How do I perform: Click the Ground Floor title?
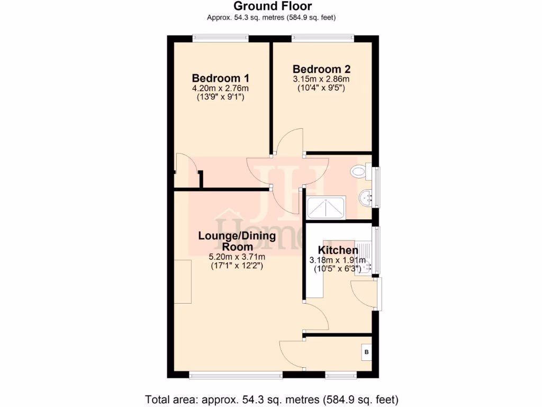[273, 6]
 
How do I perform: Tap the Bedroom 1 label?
[220, 77]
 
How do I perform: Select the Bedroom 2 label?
[321, 69]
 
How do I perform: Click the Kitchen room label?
[338, 250]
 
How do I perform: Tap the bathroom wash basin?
[365, 198]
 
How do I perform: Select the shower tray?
[326, 207]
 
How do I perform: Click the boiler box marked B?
[366, 351]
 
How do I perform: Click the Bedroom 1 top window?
[220, 38]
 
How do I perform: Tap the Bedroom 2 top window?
[322, 38]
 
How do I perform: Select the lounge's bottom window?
[236, 376]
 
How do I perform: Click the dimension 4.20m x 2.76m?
[220, 89]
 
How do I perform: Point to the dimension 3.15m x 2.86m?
[321, 79]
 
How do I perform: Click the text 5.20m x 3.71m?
[237, 257]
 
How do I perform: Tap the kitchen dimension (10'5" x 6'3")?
[338, 269]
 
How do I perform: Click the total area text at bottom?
[272, 399]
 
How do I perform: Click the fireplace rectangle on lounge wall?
[183, 281]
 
